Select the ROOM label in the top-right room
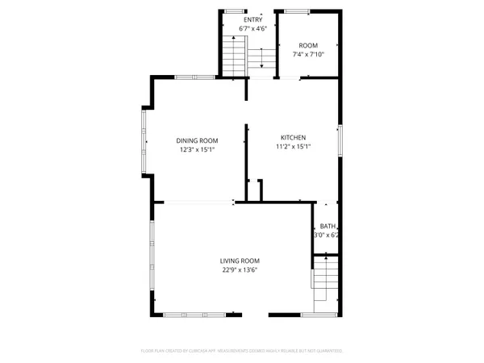coord(309,46)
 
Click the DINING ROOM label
coord(198,140)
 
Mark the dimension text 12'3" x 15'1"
coord(198,150)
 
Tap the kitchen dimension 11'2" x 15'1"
coord(294,147)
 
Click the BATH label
coord(328,227)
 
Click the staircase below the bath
coord(327,284)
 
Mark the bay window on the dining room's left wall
coord(144,141)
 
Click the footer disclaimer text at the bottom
coord(242,351)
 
